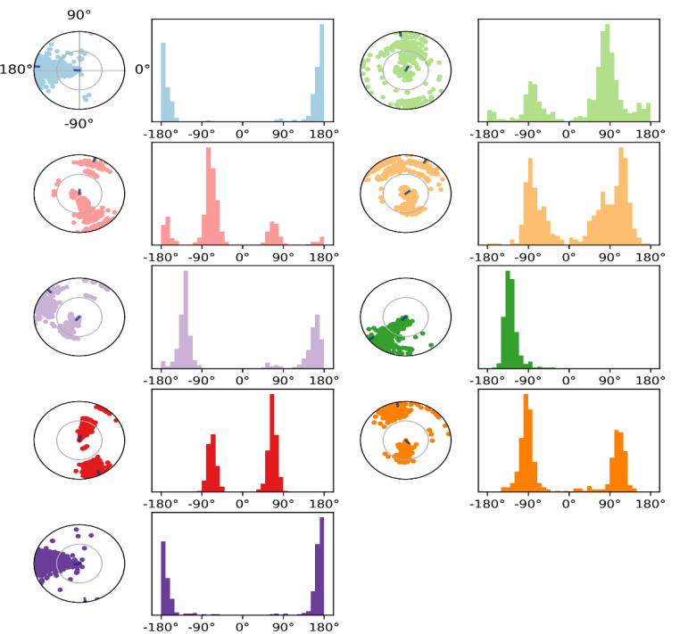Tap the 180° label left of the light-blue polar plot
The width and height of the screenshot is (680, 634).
pos(17,69)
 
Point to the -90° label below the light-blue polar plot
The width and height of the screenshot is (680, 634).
pos(79,124)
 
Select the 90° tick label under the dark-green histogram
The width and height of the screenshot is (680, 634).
pos(610,381)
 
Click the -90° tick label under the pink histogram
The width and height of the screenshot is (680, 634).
pos(201,258)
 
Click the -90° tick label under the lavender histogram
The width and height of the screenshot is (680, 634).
pos(201,381)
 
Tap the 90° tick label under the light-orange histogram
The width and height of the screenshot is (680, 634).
pos(610,258)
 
